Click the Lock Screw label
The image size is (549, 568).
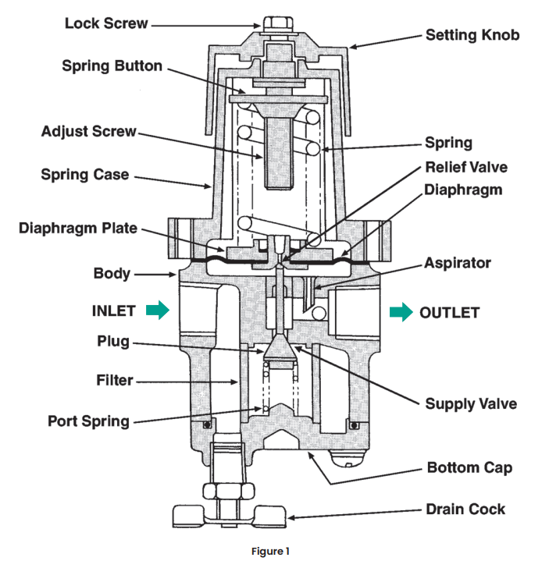(105, 23)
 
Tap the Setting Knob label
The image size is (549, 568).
(472, 35)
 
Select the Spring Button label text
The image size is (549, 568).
(112, 66)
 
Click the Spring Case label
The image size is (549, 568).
(85, 175)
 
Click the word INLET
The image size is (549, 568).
(113, 311)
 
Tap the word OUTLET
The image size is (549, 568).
(449, 313)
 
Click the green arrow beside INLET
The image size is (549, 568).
(158, 311)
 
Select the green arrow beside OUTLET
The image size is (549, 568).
(401, 313)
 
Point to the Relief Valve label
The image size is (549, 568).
(466, 167)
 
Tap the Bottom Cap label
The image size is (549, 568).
(469, 469)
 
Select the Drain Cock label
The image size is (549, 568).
(465, 509)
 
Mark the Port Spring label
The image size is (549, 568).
(88, 421)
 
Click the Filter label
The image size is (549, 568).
(114, 382)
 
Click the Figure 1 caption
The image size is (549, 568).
(271, 552)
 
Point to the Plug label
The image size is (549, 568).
(113, 342)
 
